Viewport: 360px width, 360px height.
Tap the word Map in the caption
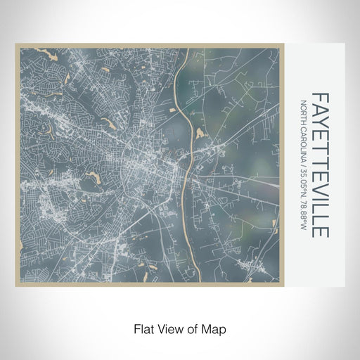click(x=215, y=328)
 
